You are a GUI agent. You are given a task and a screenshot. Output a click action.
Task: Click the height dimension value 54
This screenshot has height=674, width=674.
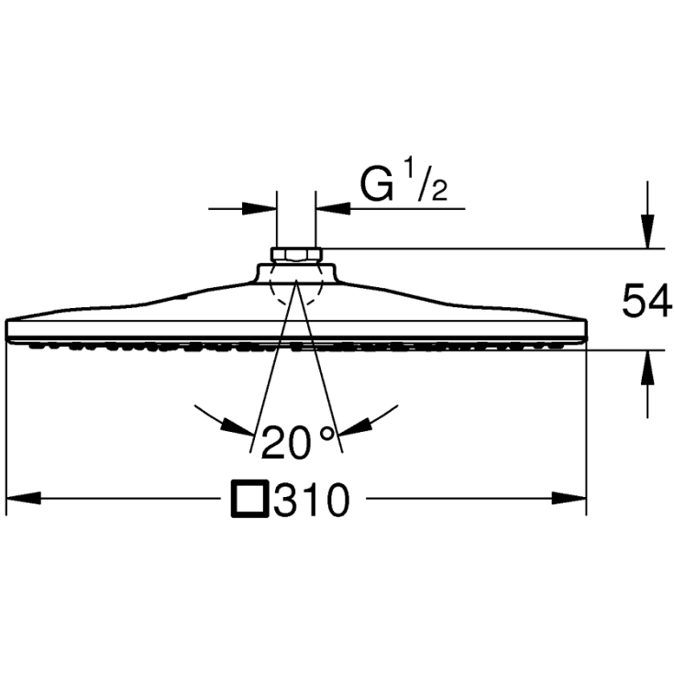tap(647, 301)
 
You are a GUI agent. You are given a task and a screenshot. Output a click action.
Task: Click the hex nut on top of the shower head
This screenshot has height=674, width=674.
tap(295, 255)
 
